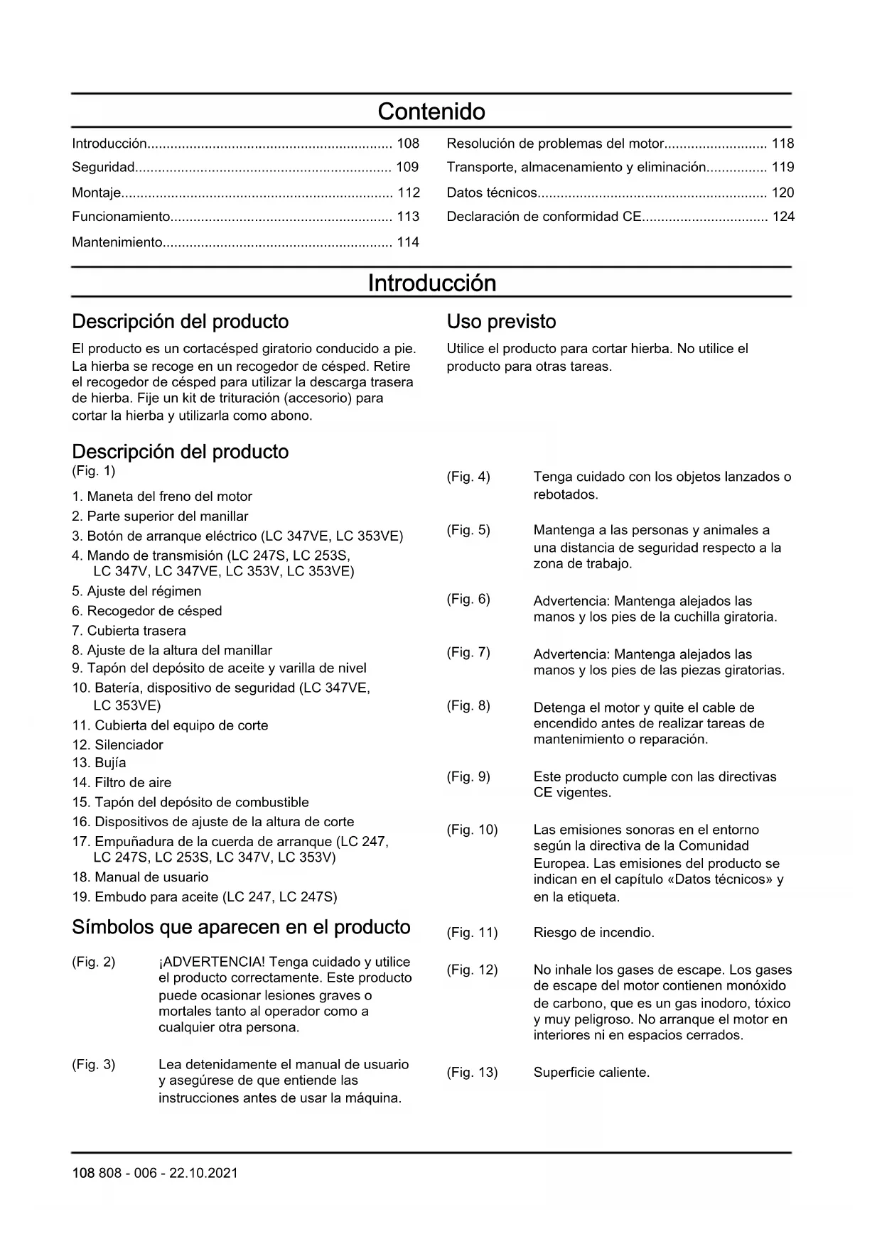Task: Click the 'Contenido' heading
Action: click(431, 112)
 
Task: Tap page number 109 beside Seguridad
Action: click(407, 168)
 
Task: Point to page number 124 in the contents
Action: click(782, 217)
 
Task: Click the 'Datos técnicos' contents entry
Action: click(492, 193)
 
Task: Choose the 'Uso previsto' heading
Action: click(501, 322)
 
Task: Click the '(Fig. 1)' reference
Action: click(93, 471)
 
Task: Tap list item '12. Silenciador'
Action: click(117, 745)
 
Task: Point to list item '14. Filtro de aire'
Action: click(122, 783)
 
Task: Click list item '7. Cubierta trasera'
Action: click(129, 631)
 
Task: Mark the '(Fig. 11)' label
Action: click(472, 933)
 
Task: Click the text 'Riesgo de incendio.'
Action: click(593, 933)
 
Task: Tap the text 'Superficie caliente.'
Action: click(591, 1073)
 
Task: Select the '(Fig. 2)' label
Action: click(93, 963)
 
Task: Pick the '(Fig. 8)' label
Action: click(468, 706)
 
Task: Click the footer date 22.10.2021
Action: click(203, 1174)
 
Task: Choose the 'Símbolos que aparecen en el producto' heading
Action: click(241, 928)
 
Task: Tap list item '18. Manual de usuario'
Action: click(140, 877)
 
